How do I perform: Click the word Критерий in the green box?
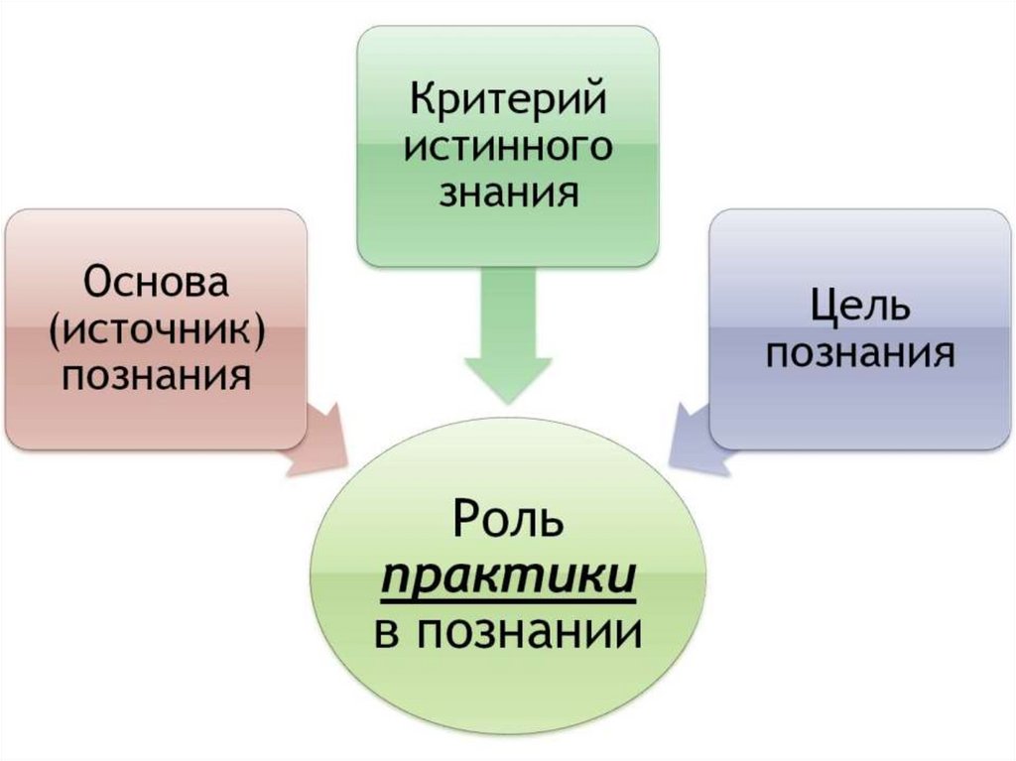pyautogui.click(x=508, y=101)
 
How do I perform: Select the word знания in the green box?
pyautogui.click(x=508, y=190)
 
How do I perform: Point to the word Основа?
pyautogui.click(x=157, y=284)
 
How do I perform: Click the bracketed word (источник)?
pyautogui.click(x=157, y=329)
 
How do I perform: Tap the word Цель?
pyautogui.click(x=860, y=307)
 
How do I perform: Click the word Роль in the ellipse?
pyautogui.click(x=507, y=522)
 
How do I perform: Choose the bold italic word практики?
pyautogui.click(x=507, y=576)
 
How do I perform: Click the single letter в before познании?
pyautogui.click(x=387, y=632)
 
